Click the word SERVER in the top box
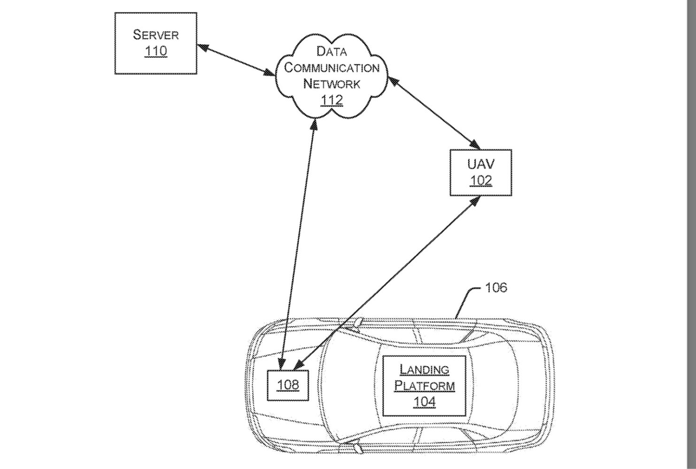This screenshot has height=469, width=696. click(x=155, y=35)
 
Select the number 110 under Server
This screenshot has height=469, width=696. click(x=155, y=51)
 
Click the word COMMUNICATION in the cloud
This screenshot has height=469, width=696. click(x=332, y=68)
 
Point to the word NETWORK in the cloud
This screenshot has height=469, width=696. click(x=332, y=84)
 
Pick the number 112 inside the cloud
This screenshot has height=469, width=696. click(x=332, y=100)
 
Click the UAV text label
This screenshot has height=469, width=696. click(x=480, y=164)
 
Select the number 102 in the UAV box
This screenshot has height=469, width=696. click(x=480, y=180)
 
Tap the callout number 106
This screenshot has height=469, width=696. click(x=496, y=287)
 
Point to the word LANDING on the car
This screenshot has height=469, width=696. click(x=424, y=369)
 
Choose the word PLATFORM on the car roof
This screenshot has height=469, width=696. click(x=424, y=386)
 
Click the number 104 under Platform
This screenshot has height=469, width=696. click(x=424, y=402)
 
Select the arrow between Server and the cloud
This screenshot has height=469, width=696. click(x=236, y=60)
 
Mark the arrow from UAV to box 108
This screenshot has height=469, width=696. click(x=388, y=282)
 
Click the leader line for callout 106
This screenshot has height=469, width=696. click(x=465, y=300)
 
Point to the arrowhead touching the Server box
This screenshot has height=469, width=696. click(x=201, y=46)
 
